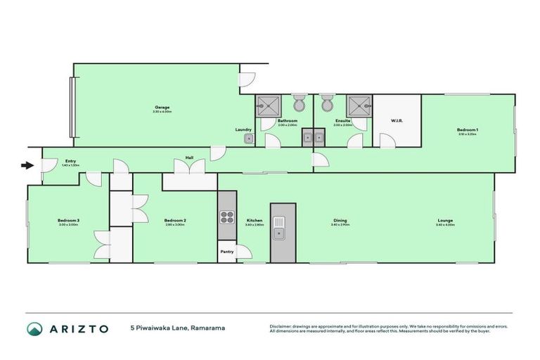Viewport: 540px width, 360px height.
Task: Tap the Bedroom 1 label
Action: pyautogui.click(x=467, y=130)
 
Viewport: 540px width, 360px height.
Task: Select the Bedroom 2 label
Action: pyautogui.click(x=174, y=221)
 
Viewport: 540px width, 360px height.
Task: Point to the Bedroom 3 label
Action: pyautogui.click(x=68, y=221)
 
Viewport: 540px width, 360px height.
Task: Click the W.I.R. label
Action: pyautogui.click(x=396, y=121)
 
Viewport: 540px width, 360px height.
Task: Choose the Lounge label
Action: pyautogui.click(x=445, y=221)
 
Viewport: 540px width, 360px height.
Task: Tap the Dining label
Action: pyautogui.click(x=340, y=221)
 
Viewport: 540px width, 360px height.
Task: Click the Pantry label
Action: pyautogui.click(x=226, y=251)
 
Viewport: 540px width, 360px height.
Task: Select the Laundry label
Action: pyautogui.click(x=243, y=129)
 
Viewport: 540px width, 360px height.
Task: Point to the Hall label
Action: pyautogui.click(x=189, y=157)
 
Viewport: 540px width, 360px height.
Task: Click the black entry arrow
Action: pyautogui.click(x=27, y=166)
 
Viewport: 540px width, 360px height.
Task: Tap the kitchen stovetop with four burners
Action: pyautogui.click(x=227, y=217)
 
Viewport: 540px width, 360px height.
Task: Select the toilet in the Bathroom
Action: pyautogui.click(x=299, y=104)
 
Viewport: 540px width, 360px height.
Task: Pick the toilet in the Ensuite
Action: pyautogui.click(x=326, y=104)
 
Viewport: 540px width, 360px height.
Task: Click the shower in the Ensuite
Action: pyautogui.click(x=359, y=105)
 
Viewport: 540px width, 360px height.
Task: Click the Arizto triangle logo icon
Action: pyautogui.click(x=34, y=328)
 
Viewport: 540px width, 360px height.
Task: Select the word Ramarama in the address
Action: pyautogui.click(x=208, y=328)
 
